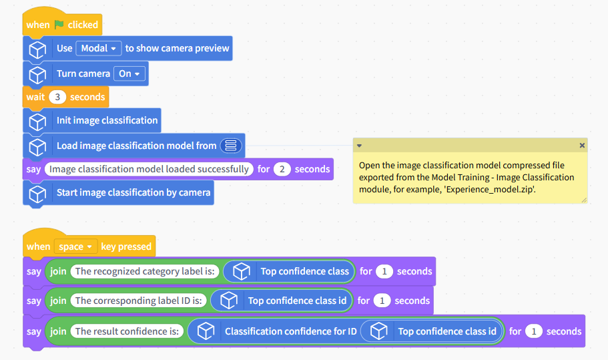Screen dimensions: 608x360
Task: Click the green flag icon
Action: pyautogui.click(x=59, y=25)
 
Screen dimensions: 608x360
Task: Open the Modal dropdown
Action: pyautogui.click(x=99, y=48)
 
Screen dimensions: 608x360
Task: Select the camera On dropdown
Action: pyautogui.click(x=129, y=73)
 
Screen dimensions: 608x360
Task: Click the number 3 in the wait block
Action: pyautogui.click(x=57, y=97)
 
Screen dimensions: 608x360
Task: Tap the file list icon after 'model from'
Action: pyautogui.click(x=231, y=146)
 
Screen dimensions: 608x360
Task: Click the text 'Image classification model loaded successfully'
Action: pyautogui.click(x=149, y=169)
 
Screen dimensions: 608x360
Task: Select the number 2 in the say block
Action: pyautogui.click(x=282, y=169)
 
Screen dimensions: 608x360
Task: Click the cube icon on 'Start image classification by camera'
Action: pyautogui.click(x=37, y=194)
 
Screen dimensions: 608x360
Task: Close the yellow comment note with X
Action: pyautogui.click(x=581, y=145)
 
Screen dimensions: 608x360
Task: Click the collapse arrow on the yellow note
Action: pyautogui.click(x=359, y=146)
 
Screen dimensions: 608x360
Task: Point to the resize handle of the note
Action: pyautogui.click(x=584, y=200)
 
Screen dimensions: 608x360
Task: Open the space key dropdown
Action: pyautogui.click(x=75, y=246)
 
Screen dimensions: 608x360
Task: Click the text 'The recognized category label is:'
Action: pyautogui.click(x=145, y=271)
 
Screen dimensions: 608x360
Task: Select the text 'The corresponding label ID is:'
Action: pyautogui.click(x=138, y=301)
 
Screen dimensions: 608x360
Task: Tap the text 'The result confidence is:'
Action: pyautogui.click(x=127, y=331)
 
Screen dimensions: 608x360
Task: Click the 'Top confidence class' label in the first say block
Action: pyautogui.click(x=304, y=271)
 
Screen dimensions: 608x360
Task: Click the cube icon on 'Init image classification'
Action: pyautogui.click(x=37, y=122)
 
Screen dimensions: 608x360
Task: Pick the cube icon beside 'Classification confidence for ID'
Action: pyautogui.click(x=206, y=331)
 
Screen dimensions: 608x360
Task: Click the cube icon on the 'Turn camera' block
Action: pyautogui.click(x=37, y=75)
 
